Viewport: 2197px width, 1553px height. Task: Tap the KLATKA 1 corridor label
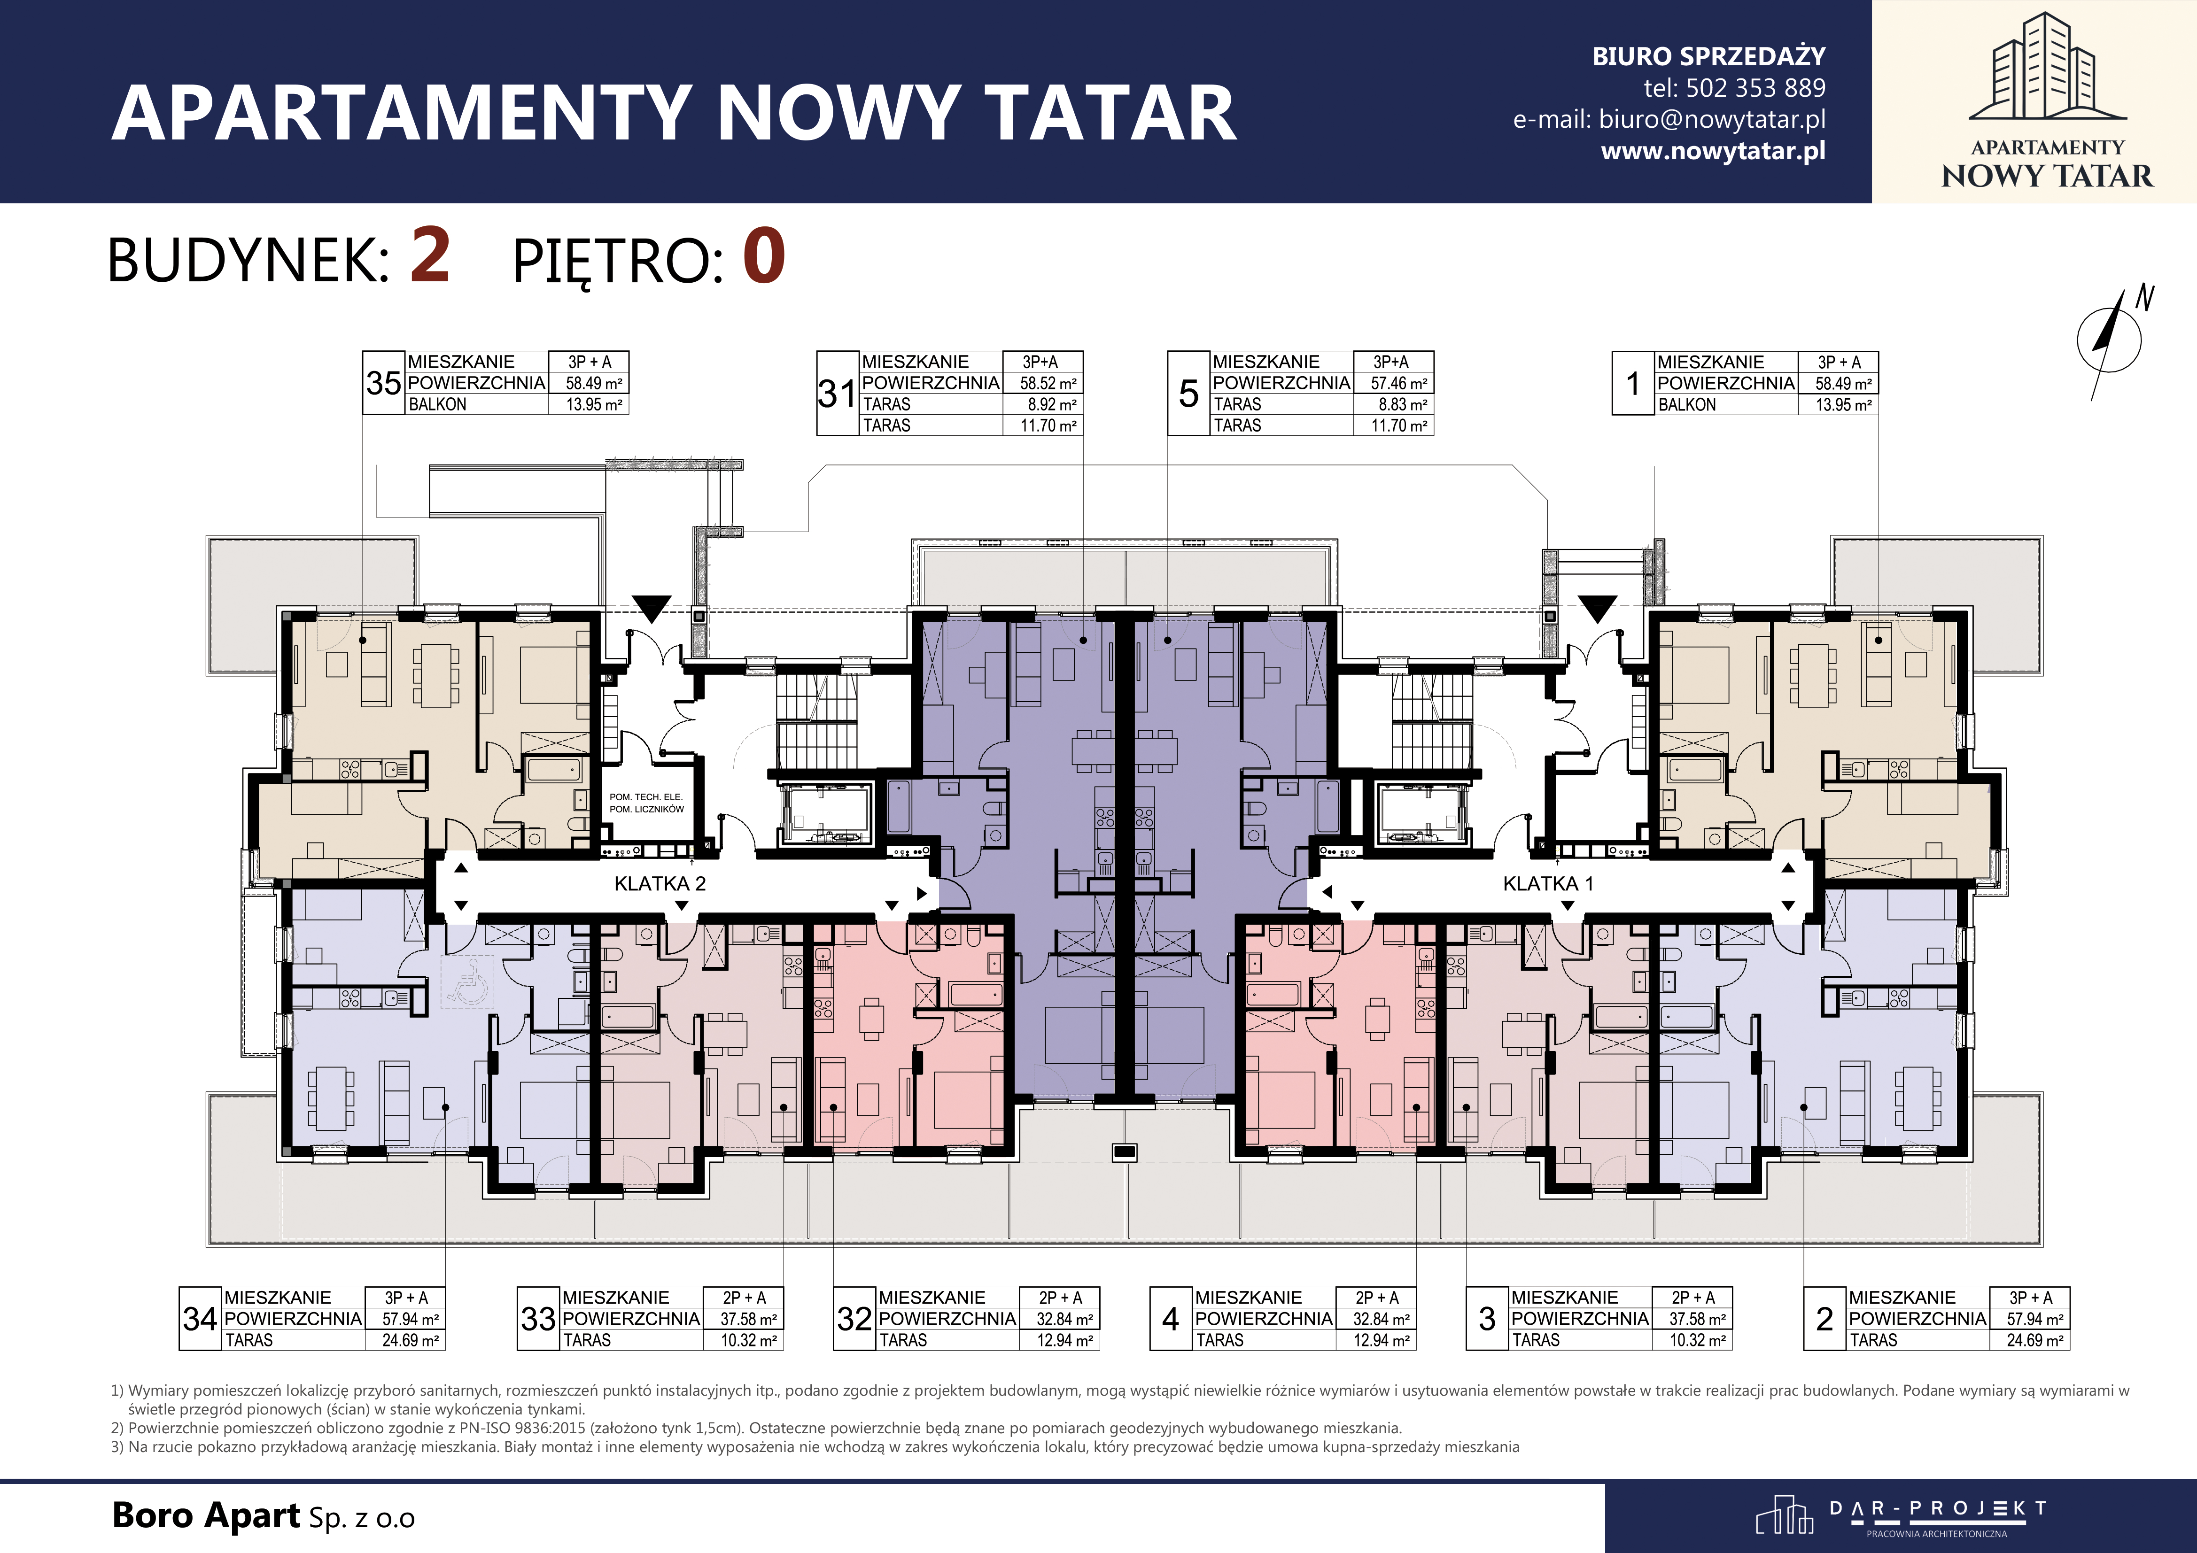(x=1548, y=883)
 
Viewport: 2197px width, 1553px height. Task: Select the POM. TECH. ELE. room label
(x=646, y=796)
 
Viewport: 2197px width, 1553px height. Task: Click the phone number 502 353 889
(x=1755, y=88)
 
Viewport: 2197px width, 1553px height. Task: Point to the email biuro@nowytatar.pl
(x=1712, y=120)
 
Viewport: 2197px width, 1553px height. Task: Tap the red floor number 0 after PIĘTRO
(x=764, y=256)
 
